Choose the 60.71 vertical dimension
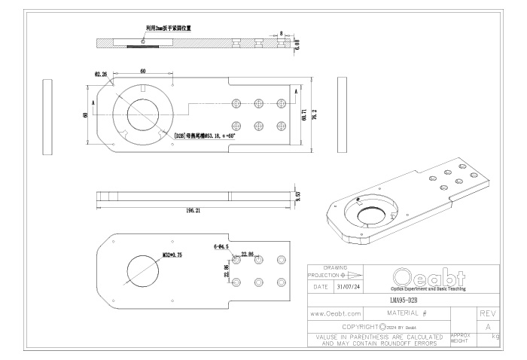point(303,117)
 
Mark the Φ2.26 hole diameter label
point(100,74)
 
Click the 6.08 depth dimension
point(297,44)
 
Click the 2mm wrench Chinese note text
point(168,28)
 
